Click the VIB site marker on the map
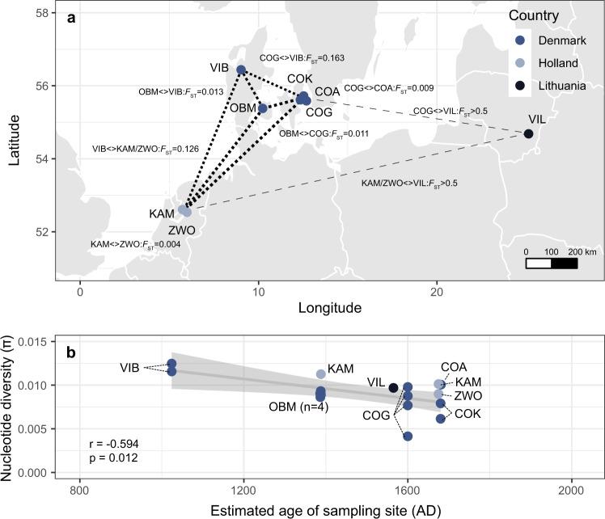click(241, 70)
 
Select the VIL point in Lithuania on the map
click(528, 133)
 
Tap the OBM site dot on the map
click(263, 108)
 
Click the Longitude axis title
click(329, 308)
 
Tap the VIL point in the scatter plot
click(394, 388)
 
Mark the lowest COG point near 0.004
click(408, 437)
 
